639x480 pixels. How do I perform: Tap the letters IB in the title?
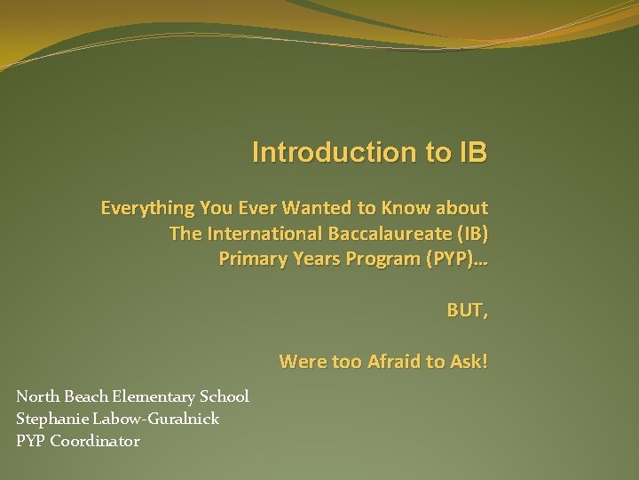471,152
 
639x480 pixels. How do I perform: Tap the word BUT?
466,311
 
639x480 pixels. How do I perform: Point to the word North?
36,396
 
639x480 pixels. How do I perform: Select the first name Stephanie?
50,419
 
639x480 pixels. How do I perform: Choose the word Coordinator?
95,441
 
